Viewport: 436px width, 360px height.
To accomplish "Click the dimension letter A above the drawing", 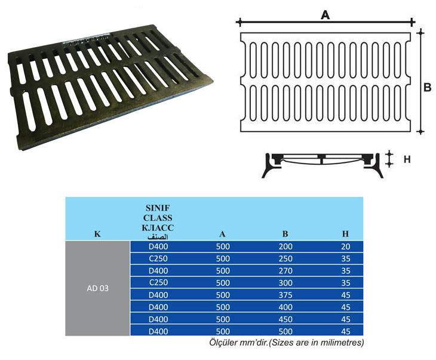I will pyautogui.click(x=326, y=16).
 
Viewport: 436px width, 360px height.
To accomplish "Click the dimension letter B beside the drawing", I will pyautogui.click(x=427, y=88).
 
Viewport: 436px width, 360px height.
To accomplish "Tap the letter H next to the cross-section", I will pyautogui.click(x=407, y=159).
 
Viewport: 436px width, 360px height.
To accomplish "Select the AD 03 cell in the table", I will pyautogui.click(x=97, y=288).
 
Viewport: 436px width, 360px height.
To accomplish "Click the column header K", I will pyautogui.click(x=97, y=234).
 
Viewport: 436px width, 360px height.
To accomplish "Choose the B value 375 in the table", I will pyautogui.click(x=285, y=294).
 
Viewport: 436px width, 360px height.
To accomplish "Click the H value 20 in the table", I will pyautogui.click(x=345, y=246).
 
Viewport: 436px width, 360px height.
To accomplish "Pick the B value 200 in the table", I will pyautogui.click(x=285, y=246).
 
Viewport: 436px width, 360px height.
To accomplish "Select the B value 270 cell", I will pyautogui.click(x=285, y=270).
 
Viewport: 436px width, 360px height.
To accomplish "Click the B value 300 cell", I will pyautogui.click(x=285, y=282).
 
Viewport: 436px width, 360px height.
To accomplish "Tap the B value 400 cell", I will pyautogui.click(x=285, y=306).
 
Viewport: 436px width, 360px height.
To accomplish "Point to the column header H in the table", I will pyautogui.click(x=345, y=234).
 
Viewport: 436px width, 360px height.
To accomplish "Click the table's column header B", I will pyautogui.click(x=285, y=234).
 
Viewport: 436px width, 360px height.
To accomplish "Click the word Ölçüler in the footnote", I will pyautogui.click(x=223, y=343).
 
